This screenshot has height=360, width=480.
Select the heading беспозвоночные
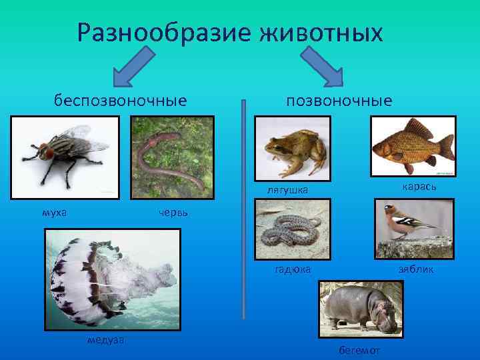tap(120, 101)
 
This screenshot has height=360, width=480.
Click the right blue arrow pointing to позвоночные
tap(326, 70)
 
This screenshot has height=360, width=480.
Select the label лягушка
tap(287, 190)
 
